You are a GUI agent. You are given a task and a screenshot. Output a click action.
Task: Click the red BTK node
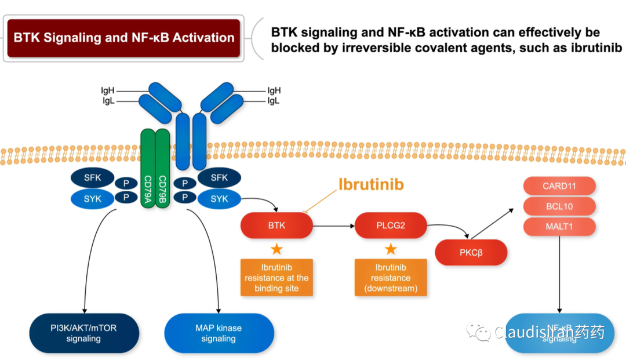click(x=276, y=225)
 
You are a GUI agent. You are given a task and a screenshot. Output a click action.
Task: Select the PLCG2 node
click(x=391, y=225)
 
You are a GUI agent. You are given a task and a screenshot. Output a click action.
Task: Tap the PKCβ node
click(x=471, y=252)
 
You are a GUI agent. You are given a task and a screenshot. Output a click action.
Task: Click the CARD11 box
click(x=559, y=186)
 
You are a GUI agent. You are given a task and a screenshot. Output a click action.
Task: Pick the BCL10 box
click(x=559, y=206)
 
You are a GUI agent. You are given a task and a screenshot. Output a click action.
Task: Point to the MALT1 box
click(x=559, y=227)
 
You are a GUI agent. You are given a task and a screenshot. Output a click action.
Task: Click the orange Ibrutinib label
click(x=372, y=185)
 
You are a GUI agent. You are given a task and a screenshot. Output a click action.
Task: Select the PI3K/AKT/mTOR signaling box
click(x=83, y=333)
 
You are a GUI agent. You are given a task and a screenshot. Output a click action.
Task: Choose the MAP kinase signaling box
click(x=219, y=333)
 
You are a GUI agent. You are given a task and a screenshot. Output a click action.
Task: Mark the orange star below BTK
click(x=277, y=249)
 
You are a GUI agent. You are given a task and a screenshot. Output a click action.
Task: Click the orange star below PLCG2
click(x=391, y=249)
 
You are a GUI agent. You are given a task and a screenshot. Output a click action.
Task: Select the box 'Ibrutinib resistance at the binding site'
click(x=276, y=278)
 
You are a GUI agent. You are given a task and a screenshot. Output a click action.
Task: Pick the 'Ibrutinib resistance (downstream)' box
click(x=391, y=278)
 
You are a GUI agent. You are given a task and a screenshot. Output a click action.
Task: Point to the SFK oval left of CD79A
click(x=92, y=178)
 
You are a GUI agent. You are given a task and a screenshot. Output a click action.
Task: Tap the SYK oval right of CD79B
click(x=220, y=199)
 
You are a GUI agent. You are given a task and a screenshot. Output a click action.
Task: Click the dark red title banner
click(x=123, y=38)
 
